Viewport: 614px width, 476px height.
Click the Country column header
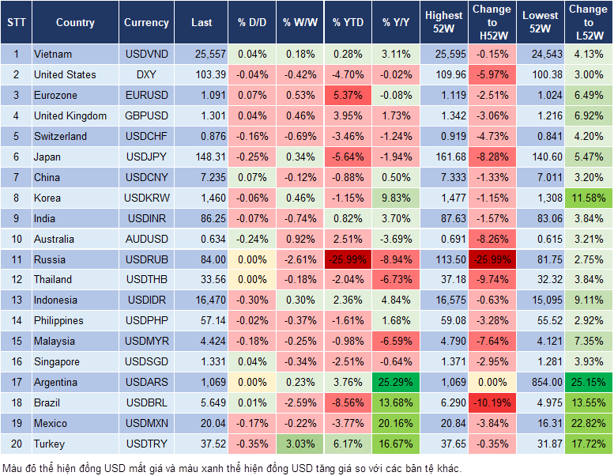pyautogui.click(x=75, y=23)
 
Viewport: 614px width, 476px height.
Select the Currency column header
pyautogui.click(x=146, y=23)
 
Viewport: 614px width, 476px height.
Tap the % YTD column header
pyautogui.click(x=348, y=23)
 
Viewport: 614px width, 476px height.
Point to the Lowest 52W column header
pyautogui.click(x=541, y=23)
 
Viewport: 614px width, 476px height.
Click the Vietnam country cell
pyautogui.click(x=53, y=55)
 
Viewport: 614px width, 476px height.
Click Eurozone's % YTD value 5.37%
pyautogui.click(x=348, y=96)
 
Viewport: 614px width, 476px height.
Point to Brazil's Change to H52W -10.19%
pyautogui.click(x=492, y=402)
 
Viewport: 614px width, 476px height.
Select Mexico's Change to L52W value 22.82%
pyautogui.click(x=588, y=423)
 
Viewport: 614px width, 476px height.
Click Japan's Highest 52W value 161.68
pyautogui.click(x=444, y=157)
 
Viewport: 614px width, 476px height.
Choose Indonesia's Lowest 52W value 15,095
pyautogui.click(x=542, y=300)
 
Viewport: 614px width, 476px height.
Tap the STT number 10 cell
pyautogui.click(x=16, y=239)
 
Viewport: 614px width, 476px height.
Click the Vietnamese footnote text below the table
pyautogui.click(x=233, y=467)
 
